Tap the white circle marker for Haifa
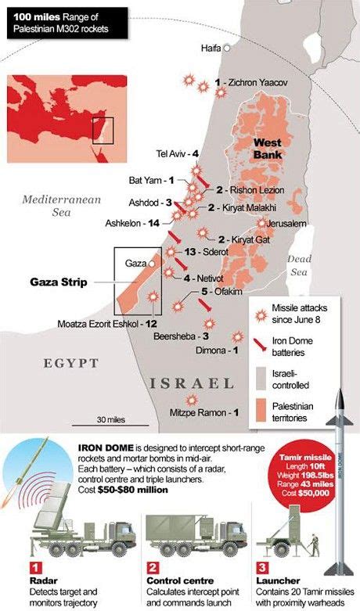227,48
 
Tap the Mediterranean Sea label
62,206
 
